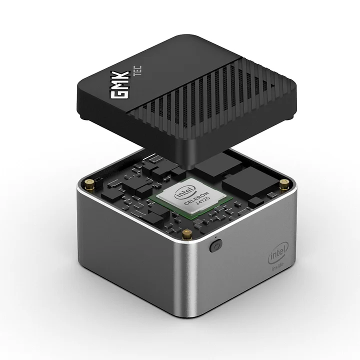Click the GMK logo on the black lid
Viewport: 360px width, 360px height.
(120, 84)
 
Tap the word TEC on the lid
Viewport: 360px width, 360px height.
(137, 70)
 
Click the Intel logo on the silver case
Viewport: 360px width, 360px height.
(278, 252)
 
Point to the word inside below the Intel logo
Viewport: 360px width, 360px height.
(277, 267)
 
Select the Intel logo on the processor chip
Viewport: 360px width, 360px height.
(185, 192)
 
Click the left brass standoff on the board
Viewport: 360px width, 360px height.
(90, 184)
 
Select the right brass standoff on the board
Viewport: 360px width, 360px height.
(284, 184)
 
